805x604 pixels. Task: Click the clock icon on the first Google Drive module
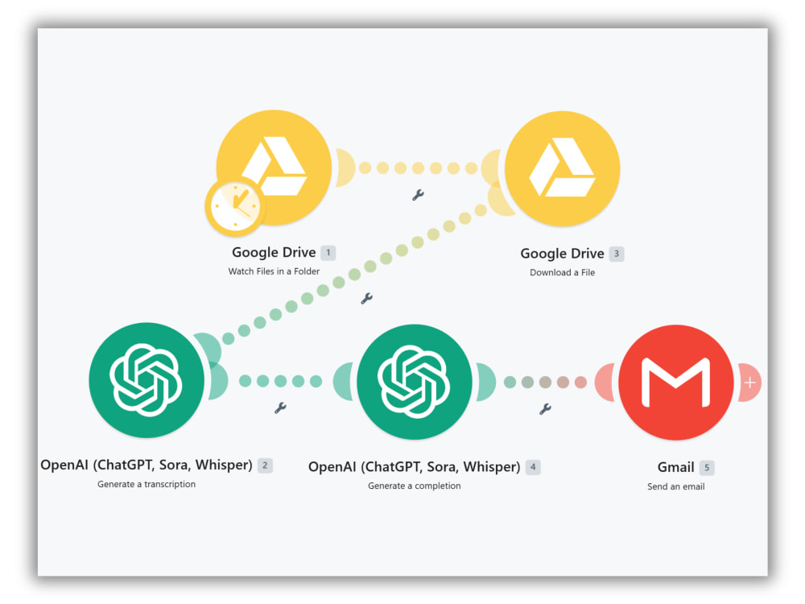point(236,206)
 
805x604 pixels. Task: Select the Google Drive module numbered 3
point(562,168)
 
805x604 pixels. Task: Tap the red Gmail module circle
point(675,382)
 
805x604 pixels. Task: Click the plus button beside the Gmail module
point(749,383)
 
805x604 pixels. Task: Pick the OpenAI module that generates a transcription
point(147,380)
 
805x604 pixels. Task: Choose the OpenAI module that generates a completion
point(415,382)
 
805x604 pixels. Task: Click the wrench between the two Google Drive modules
point(418,195)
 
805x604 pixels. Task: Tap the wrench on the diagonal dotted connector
point(366,299)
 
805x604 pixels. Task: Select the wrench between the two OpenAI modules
point(280,408)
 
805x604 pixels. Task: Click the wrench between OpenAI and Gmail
point(545,409)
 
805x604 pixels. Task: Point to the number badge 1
point(328,253)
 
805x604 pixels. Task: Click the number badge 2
point(265,465)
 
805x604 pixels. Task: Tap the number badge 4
point(533,467)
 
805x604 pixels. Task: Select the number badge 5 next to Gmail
point(707,468)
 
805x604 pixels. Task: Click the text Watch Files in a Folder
point(274,271)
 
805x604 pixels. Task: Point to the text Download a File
point(562,272)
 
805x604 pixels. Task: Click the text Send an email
point(675,486)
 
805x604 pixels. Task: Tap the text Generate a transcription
point(147,484)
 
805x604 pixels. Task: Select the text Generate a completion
point(415,486)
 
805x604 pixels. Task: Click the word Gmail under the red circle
point(675,467)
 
